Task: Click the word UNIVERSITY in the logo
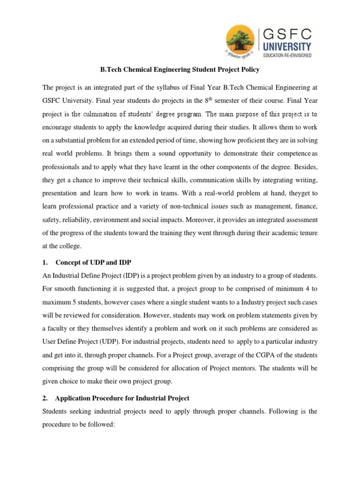point(287,46)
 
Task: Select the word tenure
point(307,232)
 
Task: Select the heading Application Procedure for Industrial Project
point(122,398)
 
